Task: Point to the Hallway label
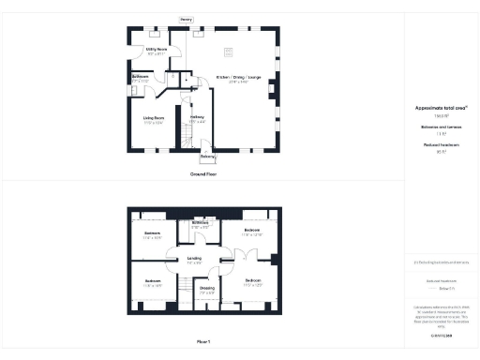point(197,117)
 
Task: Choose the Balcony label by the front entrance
point(207,157)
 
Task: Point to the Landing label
point(194,258)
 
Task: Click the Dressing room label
point(207,289)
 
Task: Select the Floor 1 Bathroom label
point(201,223)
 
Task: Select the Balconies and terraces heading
point(441,127)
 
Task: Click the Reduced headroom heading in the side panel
point(441,146)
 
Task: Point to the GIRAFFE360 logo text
point(441,334)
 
